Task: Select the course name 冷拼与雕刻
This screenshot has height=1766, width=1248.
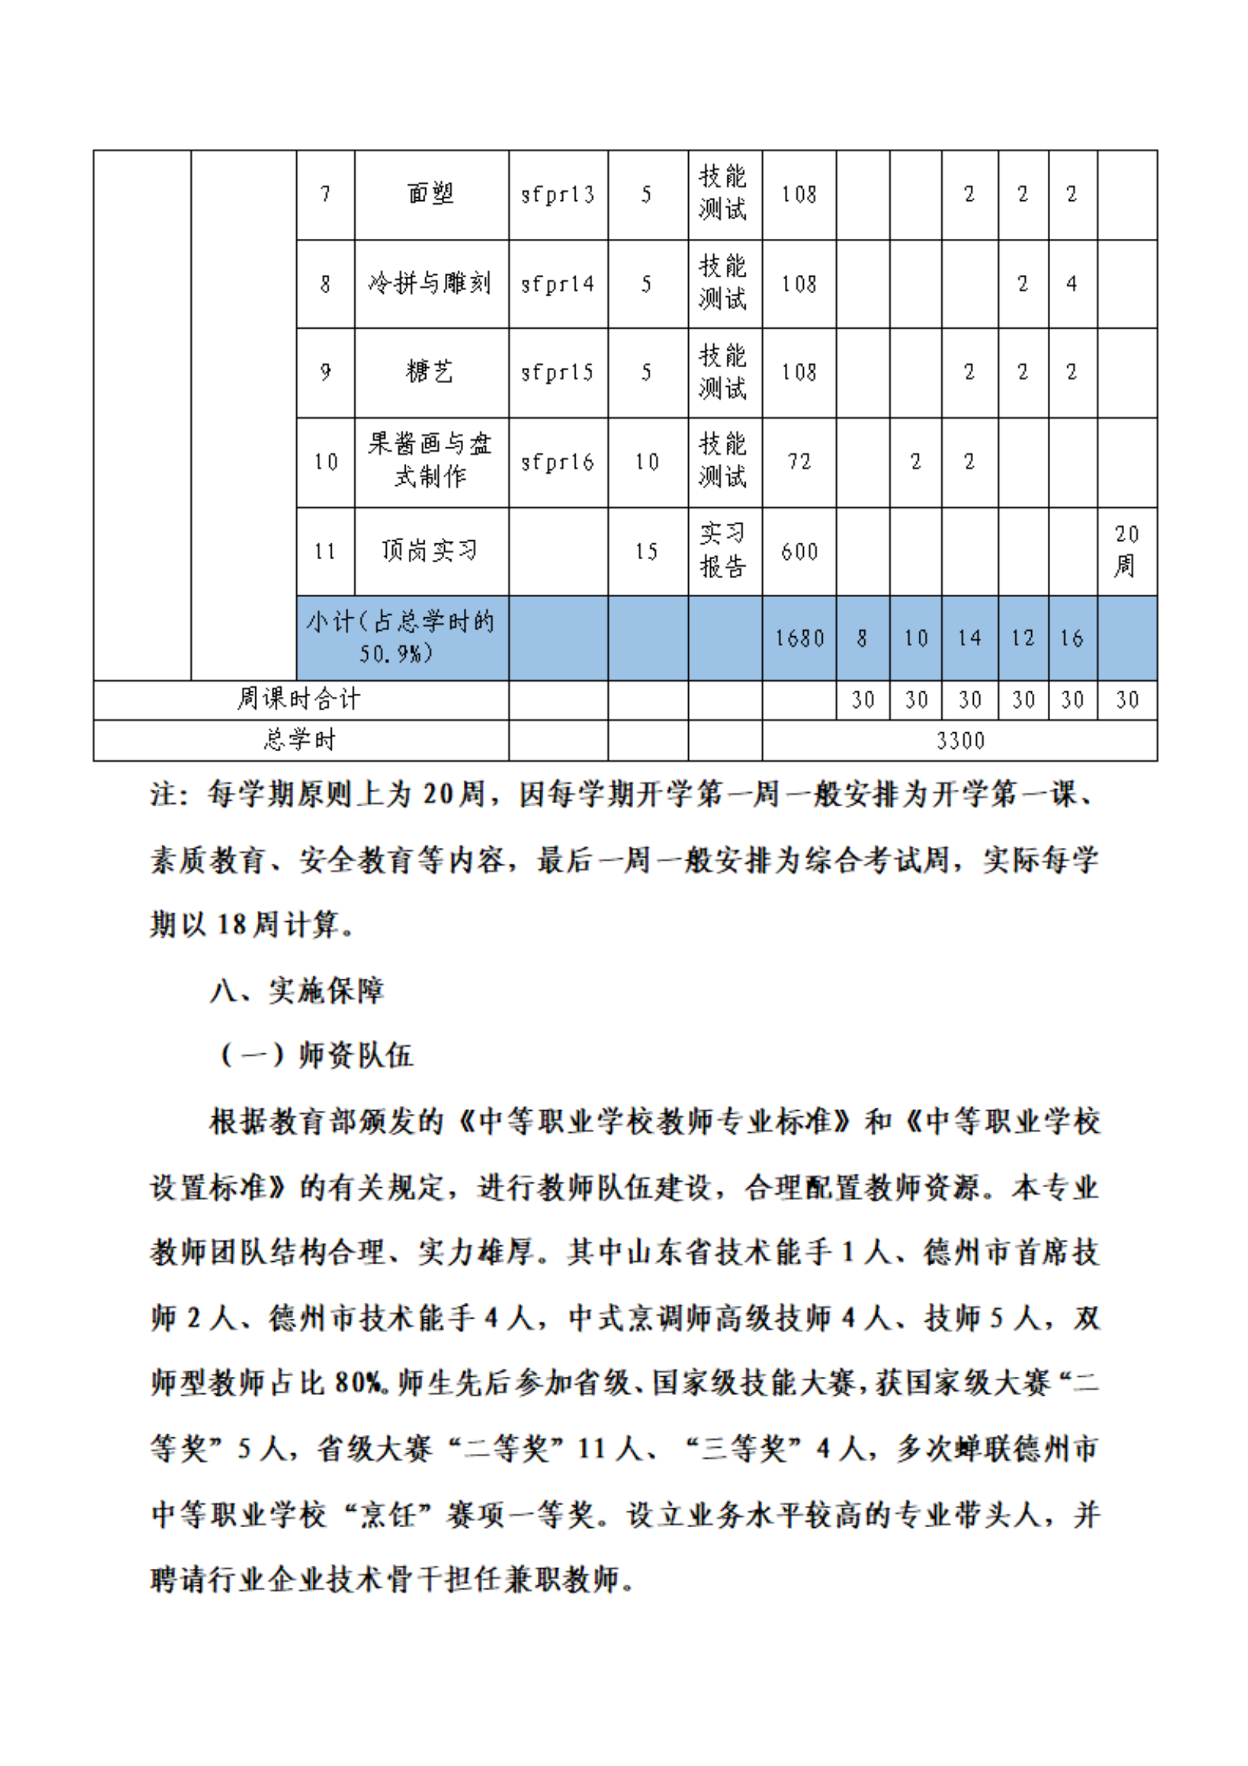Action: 430,284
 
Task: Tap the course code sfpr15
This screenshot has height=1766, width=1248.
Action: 558,373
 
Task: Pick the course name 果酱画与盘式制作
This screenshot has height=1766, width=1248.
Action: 430,461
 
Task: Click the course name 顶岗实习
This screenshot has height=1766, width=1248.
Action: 430,551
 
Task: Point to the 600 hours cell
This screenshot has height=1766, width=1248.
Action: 799,552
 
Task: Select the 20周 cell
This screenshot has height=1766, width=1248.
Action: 1126,551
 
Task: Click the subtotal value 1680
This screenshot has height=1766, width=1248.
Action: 799,639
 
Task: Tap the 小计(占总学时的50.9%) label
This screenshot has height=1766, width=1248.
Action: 400,638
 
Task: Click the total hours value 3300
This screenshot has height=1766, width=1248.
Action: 959,741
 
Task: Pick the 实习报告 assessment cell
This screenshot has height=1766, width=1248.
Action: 723,551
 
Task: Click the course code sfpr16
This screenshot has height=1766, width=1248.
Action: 558,462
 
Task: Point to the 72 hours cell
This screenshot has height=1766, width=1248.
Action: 799,462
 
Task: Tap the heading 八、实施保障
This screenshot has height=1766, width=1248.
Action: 297,991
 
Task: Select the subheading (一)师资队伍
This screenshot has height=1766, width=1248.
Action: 316,1055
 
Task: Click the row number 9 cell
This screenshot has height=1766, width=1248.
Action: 326,373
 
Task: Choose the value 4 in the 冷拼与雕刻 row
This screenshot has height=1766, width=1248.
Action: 1071,284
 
